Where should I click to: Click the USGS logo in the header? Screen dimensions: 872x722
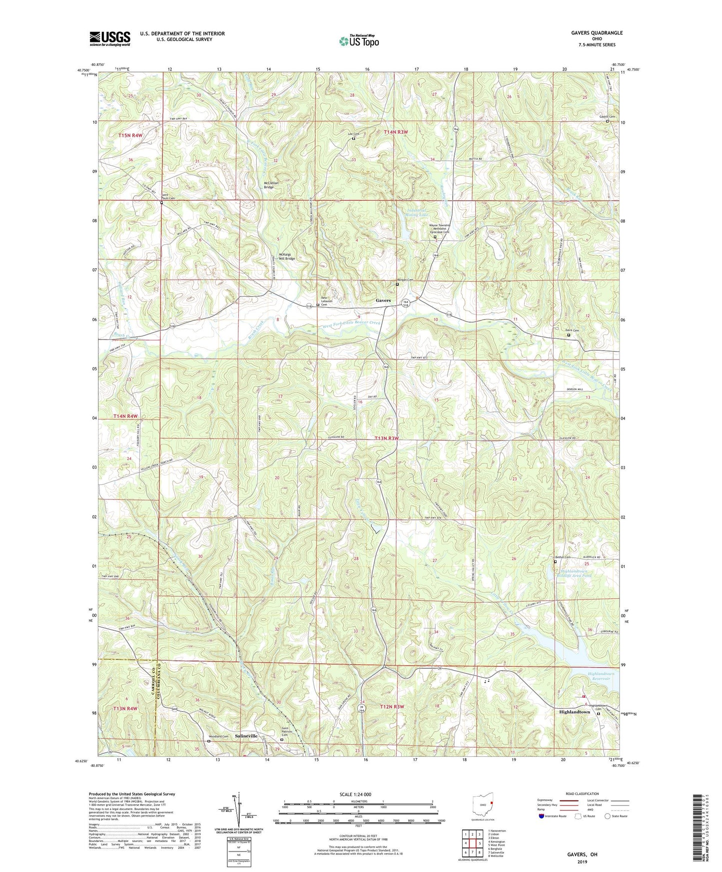(x=110, y=38)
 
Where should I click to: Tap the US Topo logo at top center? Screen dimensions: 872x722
(x=358, y=41)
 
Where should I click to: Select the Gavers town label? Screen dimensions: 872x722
(x=383, y=301)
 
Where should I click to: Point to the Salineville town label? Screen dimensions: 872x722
(x=246, y=736)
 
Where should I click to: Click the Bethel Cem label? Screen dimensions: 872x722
(x=563, y=557)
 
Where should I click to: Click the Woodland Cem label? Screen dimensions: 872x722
(x=218, y=737)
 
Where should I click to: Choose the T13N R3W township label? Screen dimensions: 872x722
(x=387, y=438)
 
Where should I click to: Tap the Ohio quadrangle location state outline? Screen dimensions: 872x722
(x=483, y=808)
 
